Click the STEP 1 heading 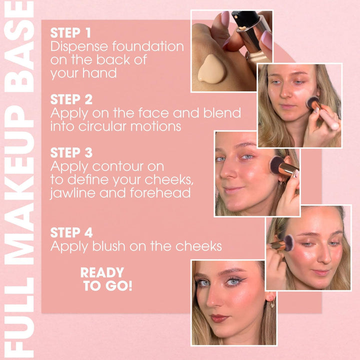click(x=70, y=33)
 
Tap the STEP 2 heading click(x=71, y=99)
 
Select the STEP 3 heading click(x=71, y=152)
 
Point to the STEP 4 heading click(x=71, y=232)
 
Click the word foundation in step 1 click(x=148, y=46)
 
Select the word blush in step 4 click(x=109, y=246)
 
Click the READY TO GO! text click(x=106, y=279)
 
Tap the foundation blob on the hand click(x=211, y=69)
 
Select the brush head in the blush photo click(x=289, y=243)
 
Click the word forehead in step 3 click(x=160, y=192)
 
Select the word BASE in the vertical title click(x=19, y=47)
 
